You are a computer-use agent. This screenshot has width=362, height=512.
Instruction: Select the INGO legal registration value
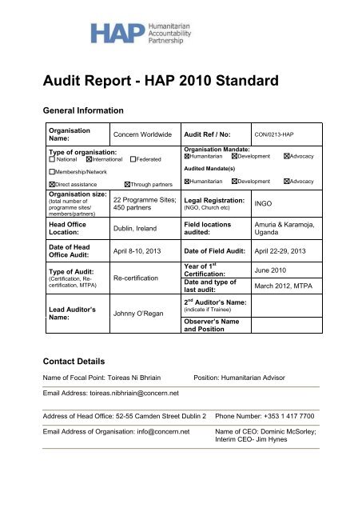(x=266, y=204)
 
